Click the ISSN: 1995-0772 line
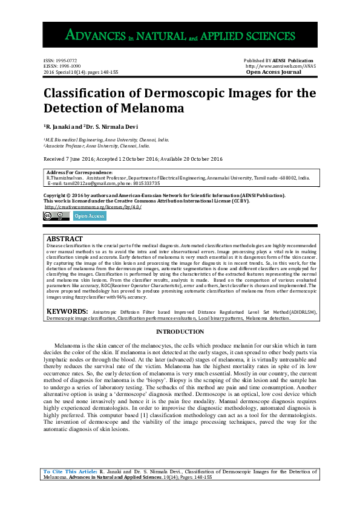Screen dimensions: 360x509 click(x=60, y=61)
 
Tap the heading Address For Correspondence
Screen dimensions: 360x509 click(x=79, y=173)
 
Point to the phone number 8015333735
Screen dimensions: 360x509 click(x=145, y=183)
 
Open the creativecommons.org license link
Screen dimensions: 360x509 click(x=93, y=207)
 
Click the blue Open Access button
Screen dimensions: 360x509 click(x=90, y=216)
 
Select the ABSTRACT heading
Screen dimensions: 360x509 click(x=65, y=239)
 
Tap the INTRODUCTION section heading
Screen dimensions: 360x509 click(x=180, y=332)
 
